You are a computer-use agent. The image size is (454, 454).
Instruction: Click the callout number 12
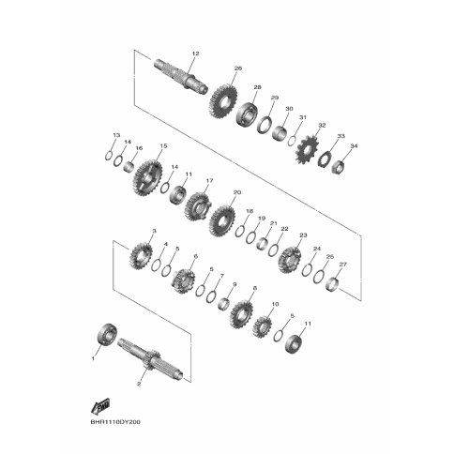tap(196, 53)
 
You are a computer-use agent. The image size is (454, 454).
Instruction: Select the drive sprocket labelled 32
tap(306, 151)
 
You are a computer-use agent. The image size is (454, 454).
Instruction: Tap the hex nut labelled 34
tap(338, 166)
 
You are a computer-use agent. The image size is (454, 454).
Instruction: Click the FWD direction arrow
tap(100, 405)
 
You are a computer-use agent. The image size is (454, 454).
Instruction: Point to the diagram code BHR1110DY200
tap(115, 422)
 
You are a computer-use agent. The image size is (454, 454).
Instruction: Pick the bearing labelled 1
tap(107, 334)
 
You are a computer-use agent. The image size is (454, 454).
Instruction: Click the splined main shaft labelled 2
tap(151, 358)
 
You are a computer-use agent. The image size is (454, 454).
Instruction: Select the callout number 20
tap(237, 192)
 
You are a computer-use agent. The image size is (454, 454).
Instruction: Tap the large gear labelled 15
tap(147, 178)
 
